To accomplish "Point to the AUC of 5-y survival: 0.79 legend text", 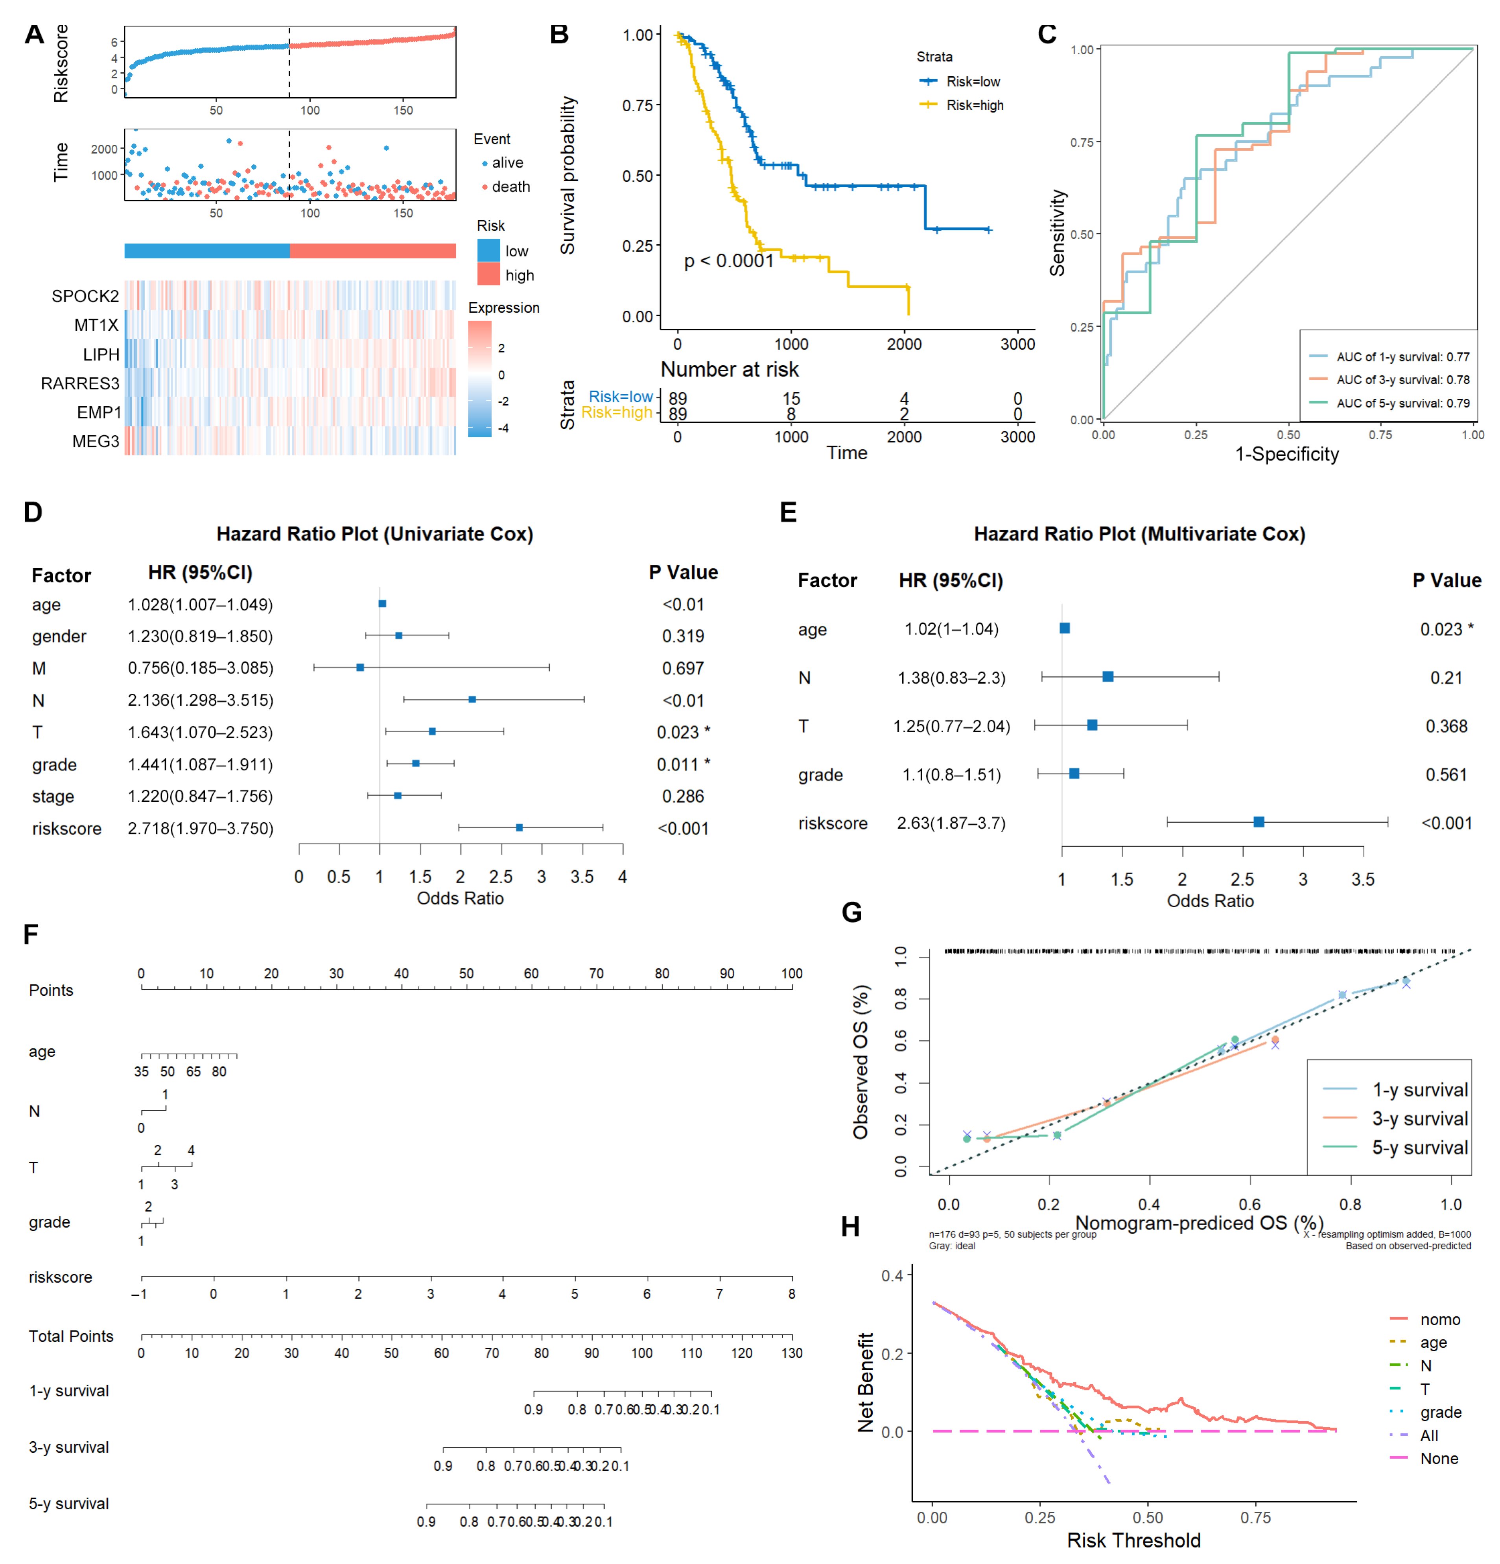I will [1402, 403].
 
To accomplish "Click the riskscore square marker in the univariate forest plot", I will [520, 827].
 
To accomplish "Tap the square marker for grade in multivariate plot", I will [1074, 773].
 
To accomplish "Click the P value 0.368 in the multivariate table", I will [1446, 726].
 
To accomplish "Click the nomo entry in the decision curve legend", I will [1439, 1320].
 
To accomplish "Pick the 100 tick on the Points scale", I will [791, 973].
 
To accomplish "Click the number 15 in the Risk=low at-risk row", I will [791, 398].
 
